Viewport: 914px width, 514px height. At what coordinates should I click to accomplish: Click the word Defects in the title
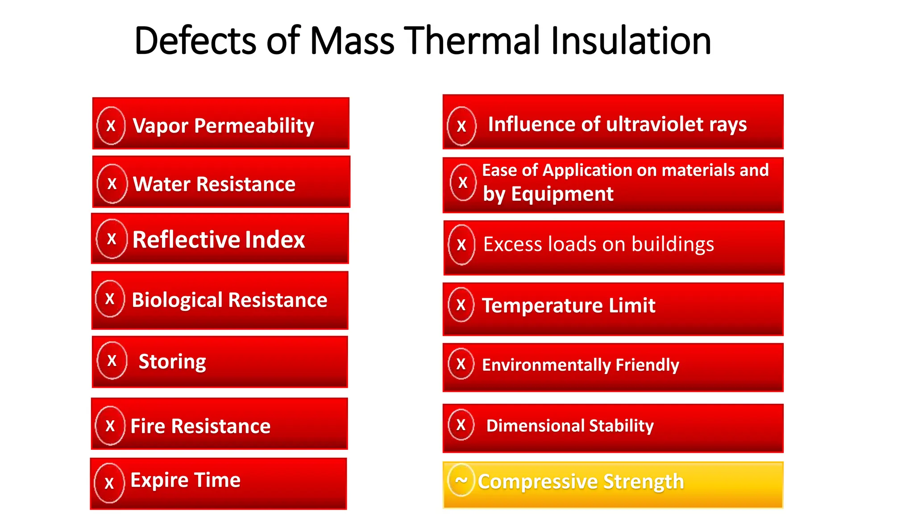pos(195,41)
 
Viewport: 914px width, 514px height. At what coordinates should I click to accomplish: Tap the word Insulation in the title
pos(631,41)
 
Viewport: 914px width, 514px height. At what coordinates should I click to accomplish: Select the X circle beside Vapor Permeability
pos(111,126)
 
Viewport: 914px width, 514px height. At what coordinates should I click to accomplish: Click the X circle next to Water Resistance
pos(112,183)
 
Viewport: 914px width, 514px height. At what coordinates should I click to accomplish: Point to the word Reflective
pos(180,240)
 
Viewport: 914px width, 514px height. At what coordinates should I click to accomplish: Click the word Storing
pos(172,361)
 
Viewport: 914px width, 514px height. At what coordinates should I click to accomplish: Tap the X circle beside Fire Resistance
pos(110,426)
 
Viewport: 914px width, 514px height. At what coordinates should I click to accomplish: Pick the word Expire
pos(159,480)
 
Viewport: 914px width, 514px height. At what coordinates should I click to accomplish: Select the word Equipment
pos(562,194)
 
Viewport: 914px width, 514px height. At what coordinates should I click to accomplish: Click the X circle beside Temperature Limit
pos(461,305)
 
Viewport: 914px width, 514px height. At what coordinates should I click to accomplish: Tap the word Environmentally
pos(546,365)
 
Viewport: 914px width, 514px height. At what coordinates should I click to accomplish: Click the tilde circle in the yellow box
pos(461,480)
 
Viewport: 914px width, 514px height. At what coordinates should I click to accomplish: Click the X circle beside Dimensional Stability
pos(461,425)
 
